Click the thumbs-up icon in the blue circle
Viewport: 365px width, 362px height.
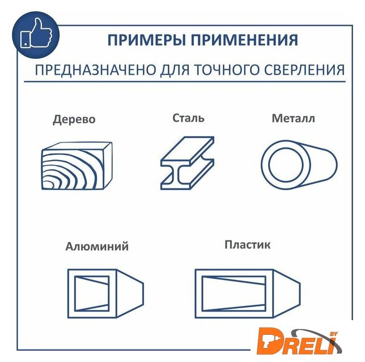point(36,34)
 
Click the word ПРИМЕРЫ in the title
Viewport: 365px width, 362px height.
point(147,40)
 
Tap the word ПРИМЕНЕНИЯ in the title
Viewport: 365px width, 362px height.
point(244,40)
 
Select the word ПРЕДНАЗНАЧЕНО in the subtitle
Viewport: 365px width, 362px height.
point(95,70)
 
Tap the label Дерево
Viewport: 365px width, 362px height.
point(74,120)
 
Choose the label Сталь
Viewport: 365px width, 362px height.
point(188,118)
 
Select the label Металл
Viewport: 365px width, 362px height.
point(294,118)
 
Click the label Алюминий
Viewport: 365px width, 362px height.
point(97,246)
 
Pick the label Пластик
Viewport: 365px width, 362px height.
point(248,245)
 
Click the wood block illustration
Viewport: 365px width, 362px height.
point(77,166)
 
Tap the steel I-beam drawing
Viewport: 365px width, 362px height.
point(188,163)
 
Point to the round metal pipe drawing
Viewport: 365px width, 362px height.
point(299,165)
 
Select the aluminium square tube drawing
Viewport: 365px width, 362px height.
point(105,294)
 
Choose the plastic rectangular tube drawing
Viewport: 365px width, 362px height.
point(248,294)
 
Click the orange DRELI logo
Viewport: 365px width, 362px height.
point(299,341)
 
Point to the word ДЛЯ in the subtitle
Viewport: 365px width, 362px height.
point(175,70)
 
